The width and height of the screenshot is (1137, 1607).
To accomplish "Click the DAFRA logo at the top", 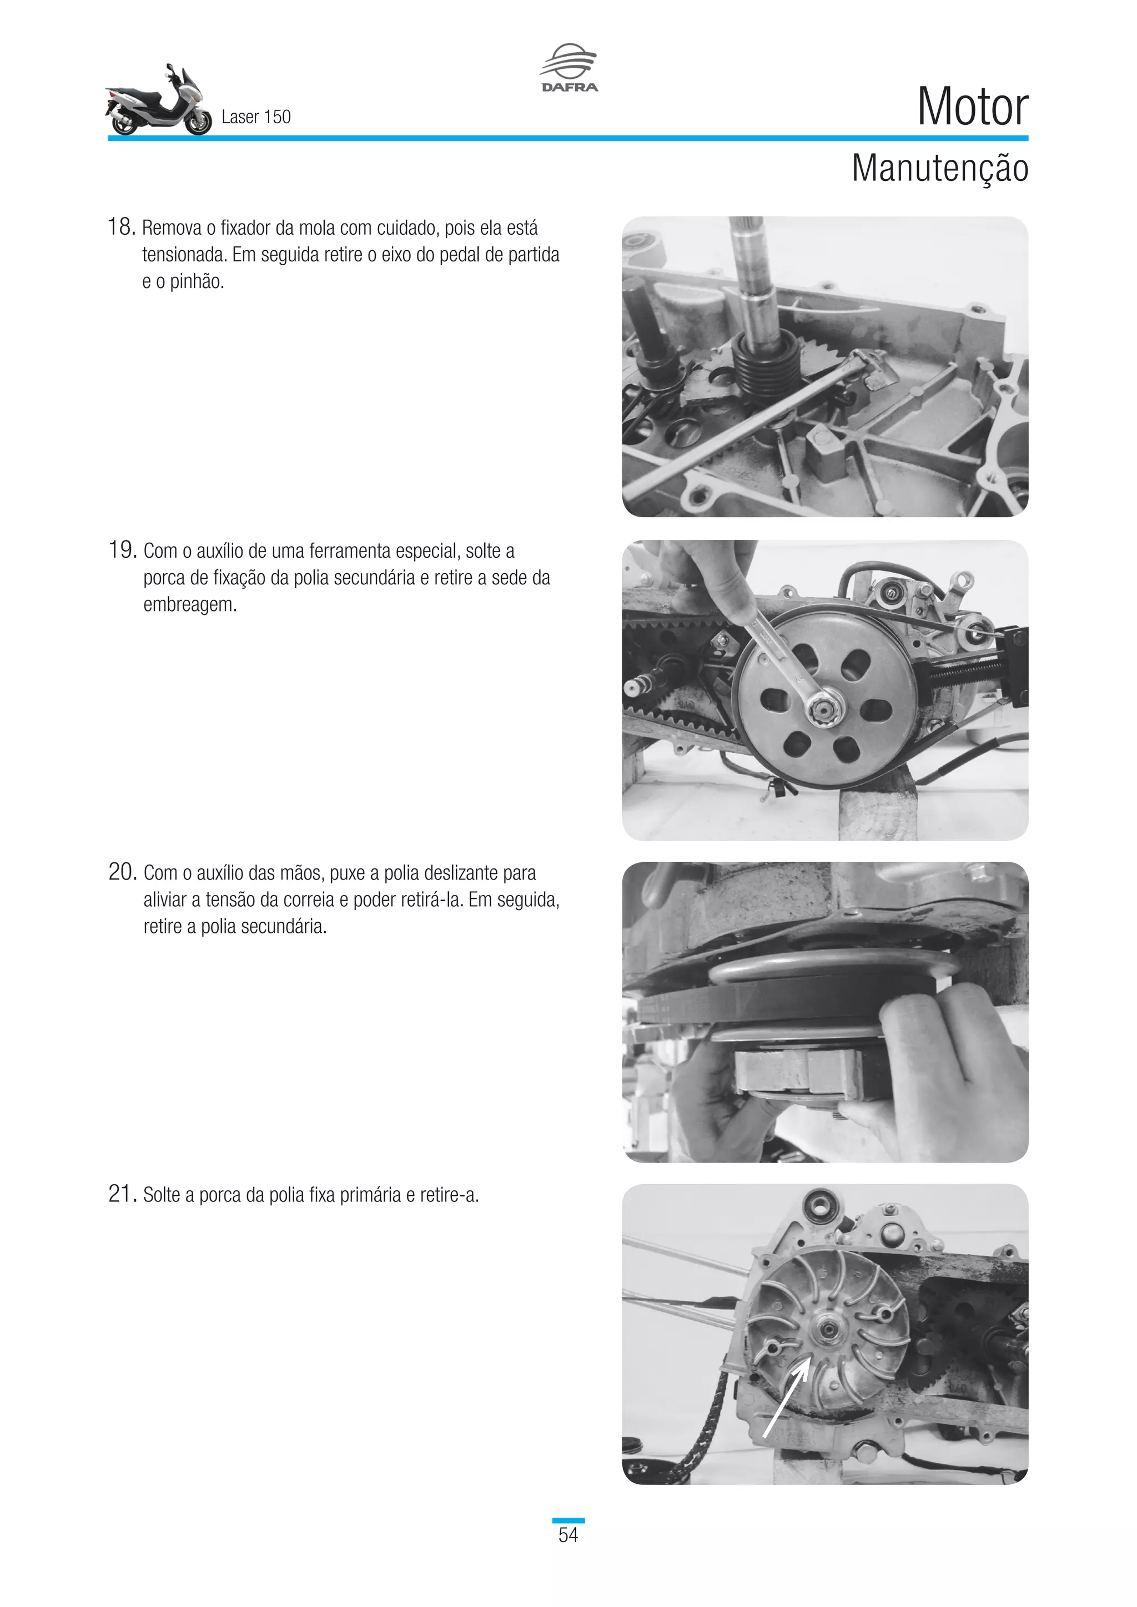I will [x=568, y=68].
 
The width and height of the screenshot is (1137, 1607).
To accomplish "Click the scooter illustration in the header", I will [x=158, y=102].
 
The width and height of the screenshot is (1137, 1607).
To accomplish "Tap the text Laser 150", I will [x=255, y=117].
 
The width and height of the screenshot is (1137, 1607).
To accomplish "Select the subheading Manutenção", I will [x=939, y=169].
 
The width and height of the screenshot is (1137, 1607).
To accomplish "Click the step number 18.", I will [x=120, y=227].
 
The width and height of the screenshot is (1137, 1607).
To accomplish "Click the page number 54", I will [x=568, y=1535].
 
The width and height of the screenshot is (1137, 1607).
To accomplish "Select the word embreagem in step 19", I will [x=190, y=605].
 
